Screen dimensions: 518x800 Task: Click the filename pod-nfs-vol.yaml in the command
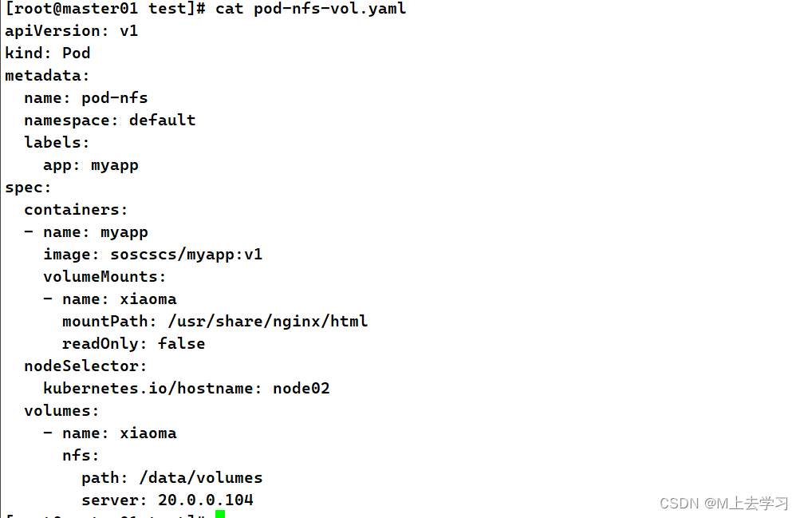point(330,9)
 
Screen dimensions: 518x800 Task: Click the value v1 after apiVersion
point(129,31)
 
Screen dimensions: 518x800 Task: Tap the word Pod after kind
point(77,53)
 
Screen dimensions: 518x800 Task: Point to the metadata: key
point(48,76)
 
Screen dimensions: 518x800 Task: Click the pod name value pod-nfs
point(115,98)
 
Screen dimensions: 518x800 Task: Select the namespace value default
point(163,121)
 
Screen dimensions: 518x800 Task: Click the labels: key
point(57,143)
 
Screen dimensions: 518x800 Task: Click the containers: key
point(77,210)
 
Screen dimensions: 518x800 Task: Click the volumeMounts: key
point(105,277)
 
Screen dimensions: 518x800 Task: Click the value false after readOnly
point(182,344)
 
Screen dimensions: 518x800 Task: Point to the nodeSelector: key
point(86,366)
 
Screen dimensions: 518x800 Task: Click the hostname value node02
point(301,389)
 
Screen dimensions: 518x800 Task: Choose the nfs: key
point(81,456)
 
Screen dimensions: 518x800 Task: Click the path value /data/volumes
point(201,478)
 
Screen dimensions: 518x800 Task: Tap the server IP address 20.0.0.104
point(206,500)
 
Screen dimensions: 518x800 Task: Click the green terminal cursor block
point(220,514)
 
